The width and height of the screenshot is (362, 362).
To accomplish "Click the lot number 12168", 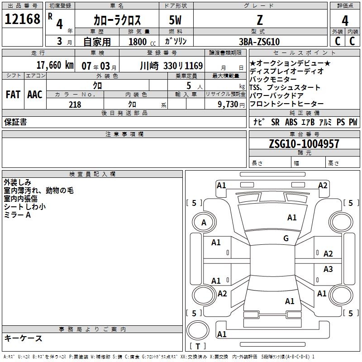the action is [x=22, y=19].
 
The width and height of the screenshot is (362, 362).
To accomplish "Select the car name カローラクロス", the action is [x=117, y=20].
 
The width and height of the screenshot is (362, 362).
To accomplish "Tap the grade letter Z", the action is [x=259, y=19].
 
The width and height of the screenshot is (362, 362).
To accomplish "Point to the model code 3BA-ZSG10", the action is [x=259, y=41].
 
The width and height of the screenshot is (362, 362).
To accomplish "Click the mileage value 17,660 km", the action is [x=55, y=65].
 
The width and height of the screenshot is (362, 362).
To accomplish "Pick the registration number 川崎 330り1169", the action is [x=171, y=65].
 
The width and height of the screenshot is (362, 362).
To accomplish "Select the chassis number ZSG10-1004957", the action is [x=304, y=144].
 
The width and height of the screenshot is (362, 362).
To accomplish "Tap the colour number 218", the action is [x=75, y=105].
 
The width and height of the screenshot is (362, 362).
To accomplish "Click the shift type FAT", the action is [x=13, y=95].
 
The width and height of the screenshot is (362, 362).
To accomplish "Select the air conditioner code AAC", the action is [x=35, y=95].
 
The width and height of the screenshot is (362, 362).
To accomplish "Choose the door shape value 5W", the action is [x=176, y=20].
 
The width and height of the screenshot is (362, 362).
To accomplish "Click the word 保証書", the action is [x=15, y=122].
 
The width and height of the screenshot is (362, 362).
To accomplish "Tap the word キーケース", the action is [x=23, y=338].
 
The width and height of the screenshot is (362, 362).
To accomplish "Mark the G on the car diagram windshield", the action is [x=286, y=238].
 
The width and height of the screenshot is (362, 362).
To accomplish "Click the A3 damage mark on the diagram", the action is [x=328, y=269].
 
